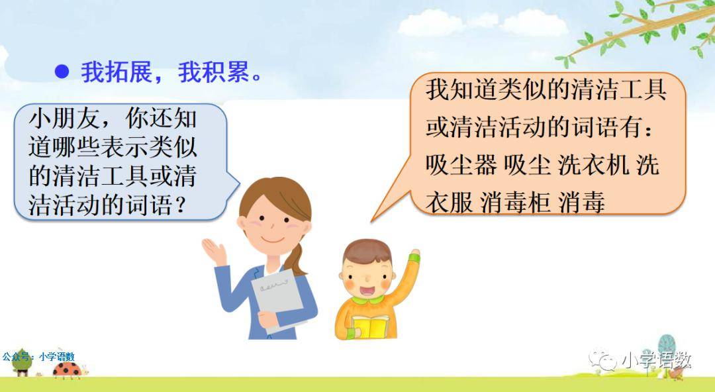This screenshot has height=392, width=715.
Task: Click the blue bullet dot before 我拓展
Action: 62,72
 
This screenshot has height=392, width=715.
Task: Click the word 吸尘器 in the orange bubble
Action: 461,165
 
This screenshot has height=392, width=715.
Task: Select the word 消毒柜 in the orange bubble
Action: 515,202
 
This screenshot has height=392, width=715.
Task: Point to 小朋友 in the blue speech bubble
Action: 64,119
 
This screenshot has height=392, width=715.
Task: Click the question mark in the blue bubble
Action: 181,205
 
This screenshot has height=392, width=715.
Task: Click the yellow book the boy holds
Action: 370,326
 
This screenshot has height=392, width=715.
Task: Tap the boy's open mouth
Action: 367,291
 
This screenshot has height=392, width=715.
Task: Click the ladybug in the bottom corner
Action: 67,369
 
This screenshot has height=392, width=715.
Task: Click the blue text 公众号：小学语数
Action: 38,356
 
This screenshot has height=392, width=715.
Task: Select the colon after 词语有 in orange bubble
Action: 649,128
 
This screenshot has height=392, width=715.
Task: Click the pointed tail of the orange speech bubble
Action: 372,221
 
